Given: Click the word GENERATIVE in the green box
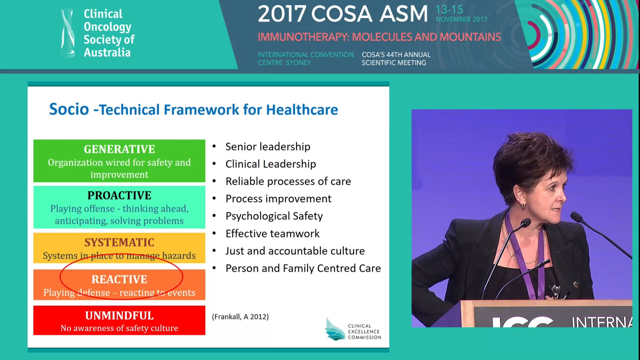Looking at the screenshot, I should (x=119, y=149).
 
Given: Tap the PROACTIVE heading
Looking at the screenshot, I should (x=119, y=195).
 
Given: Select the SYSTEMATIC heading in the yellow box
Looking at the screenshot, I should (x=119, y=242).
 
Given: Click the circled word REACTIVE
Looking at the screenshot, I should (x=119, y=279).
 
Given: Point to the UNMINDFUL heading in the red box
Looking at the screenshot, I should (x=119, y=316).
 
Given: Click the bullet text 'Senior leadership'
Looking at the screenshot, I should (x=268, y=147).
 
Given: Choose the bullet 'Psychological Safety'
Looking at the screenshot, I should (x=274, y=216).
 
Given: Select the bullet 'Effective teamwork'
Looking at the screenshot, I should (x=272, y=234).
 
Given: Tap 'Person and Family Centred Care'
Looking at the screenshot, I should (x=303, y=268).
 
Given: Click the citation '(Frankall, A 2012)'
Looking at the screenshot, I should (x=240, y=317).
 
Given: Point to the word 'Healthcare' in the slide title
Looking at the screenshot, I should (x=302, y=110).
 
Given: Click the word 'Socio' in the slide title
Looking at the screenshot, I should (x=69, y=109).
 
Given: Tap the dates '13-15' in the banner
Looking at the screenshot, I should (x=449, y=10).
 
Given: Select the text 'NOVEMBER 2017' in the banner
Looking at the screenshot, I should (x=461, y=20).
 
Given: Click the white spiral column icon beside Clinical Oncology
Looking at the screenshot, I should (x=68, y=33).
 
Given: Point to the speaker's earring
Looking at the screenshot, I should (x=523, y=206).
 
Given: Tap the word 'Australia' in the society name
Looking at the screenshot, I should (x=107, y=53).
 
